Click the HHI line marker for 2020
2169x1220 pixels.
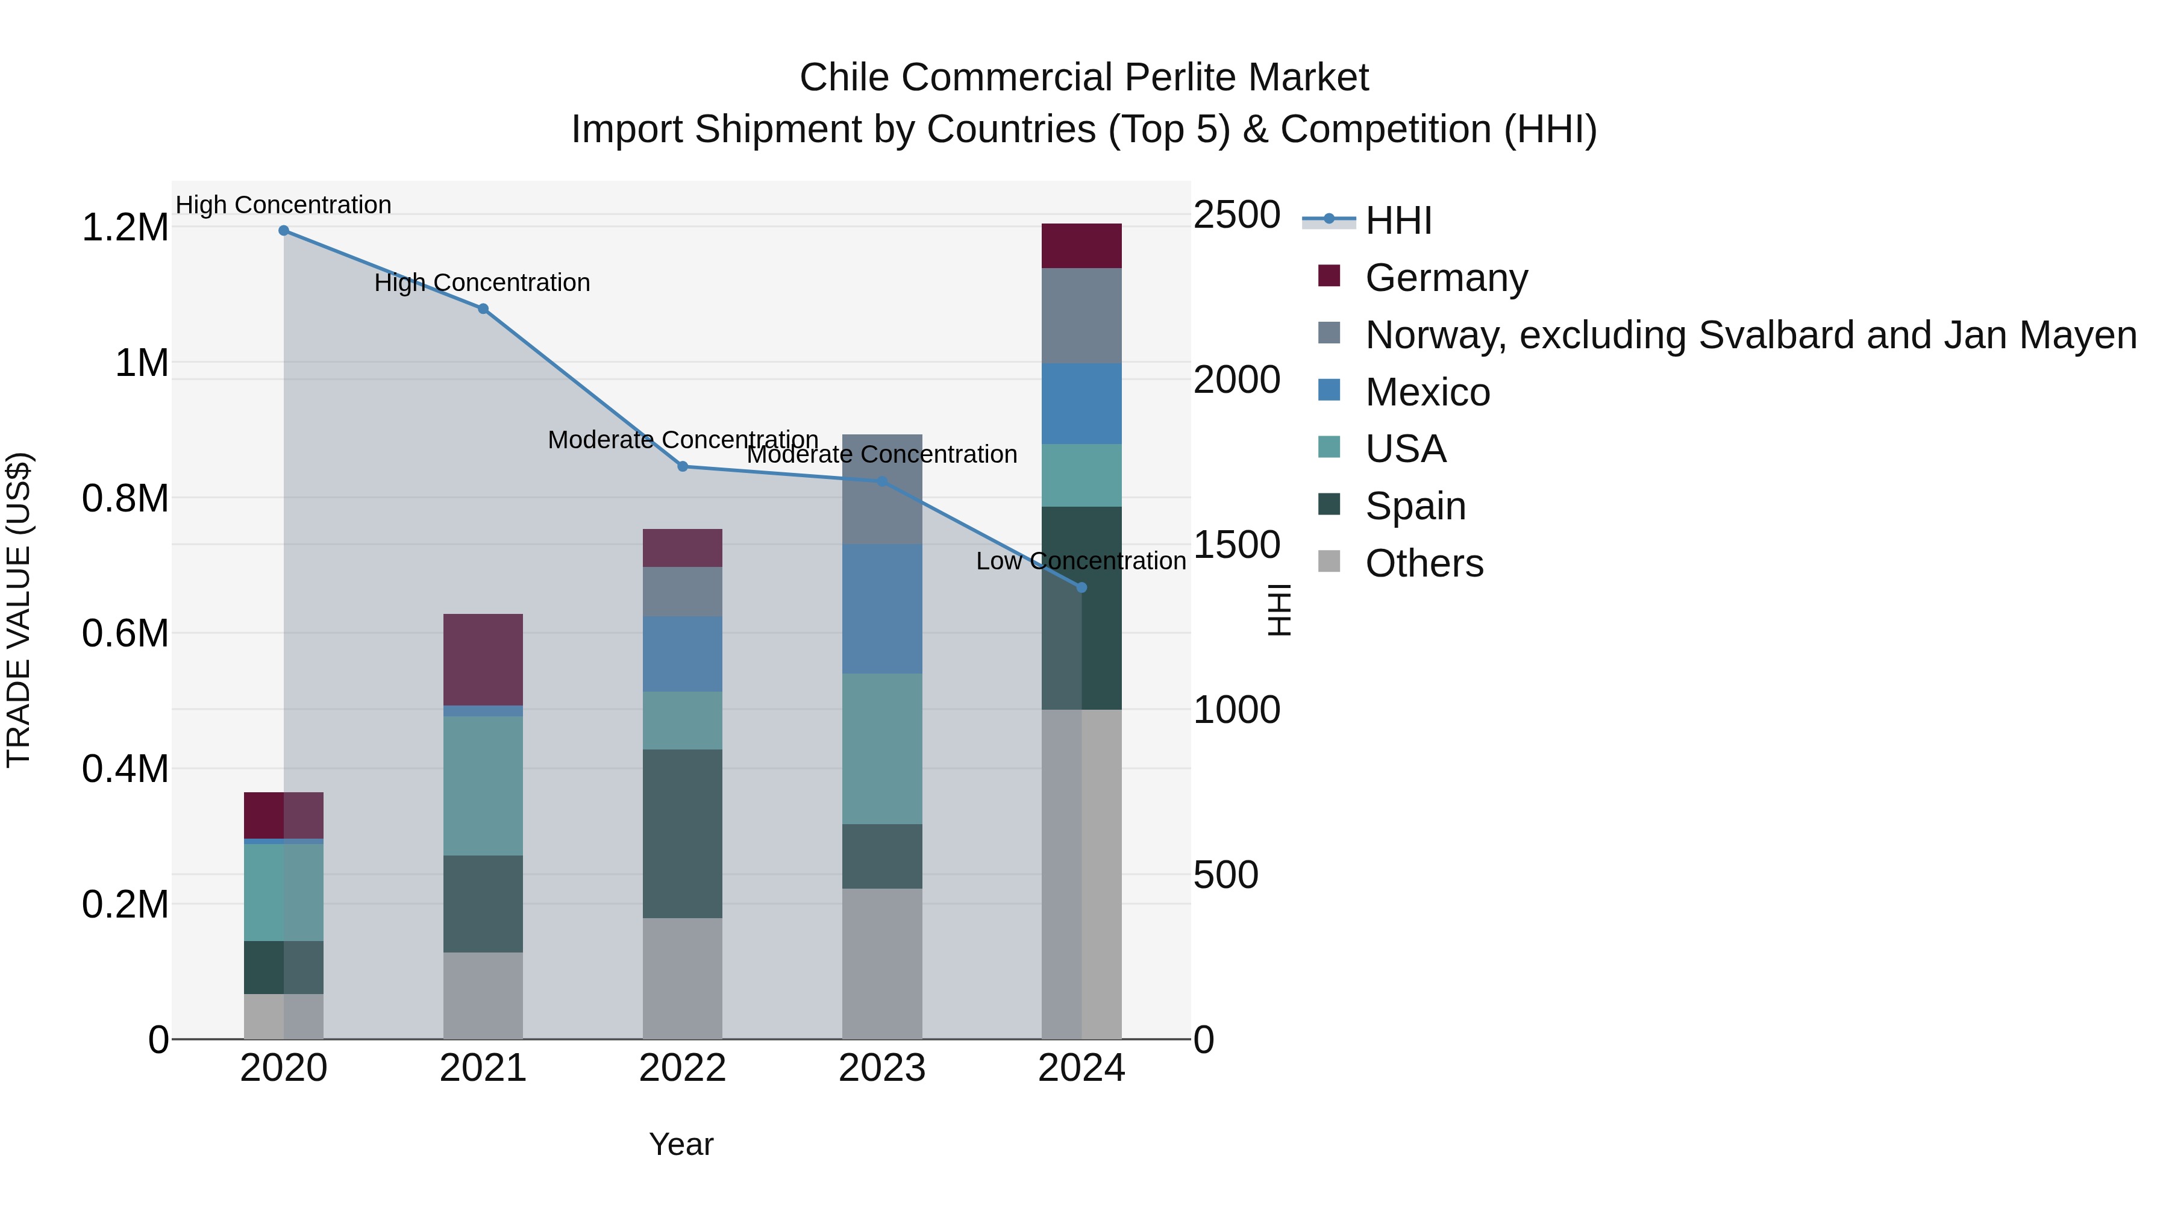point(284,231)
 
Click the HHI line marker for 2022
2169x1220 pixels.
point(683,466)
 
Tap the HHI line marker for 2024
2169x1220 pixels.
point(1082,587)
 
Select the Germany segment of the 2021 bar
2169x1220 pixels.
point(483,659)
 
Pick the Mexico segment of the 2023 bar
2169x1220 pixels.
point(883,608)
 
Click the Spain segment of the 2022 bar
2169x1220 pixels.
point(683,834)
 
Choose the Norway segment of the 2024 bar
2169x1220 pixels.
point(1082,316)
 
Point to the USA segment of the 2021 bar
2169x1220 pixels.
point(483,786)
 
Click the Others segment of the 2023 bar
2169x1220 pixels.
point(883,963)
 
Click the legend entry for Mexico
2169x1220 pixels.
point(1427,392)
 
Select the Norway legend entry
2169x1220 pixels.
point(1750,335)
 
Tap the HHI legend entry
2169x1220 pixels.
point(1398,221)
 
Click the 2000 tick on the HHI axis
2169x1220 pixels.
point(1236,380)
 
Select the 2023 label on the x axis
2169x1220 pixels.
point(883,1068)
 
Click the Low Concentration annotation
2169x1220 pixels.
point(1080,561)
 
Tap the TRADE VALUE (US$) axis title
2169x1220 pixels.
point(19,610)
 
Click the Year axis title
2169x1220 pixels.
point(681,1144)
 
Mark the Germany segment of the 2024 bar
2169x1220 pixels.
point(1082,246)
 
